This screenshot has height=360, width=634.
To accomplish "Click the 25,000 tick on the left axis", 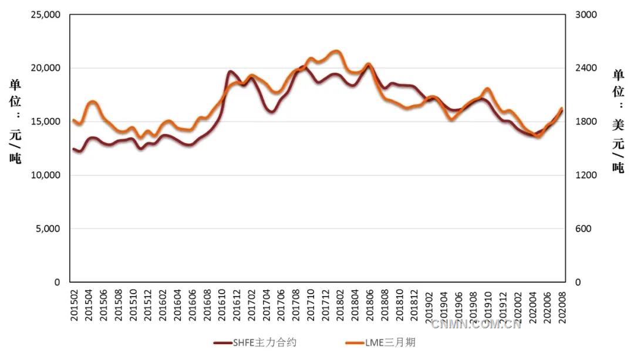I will click(x=46, y=15).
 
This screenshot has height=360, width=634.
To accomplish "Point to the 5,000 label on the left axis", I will click(x=48, y=228).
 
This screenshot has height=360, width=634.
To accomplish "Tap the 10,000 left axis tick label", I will click(x=46, y=175).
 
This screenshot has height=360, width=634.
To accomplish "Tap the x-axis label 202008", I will click(x=561, y=305).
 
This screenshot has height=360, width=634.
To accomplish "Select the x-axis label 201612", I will click(x=237, y=305).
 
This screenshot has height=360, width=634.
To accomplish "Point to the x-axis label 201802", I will click(x=340, y=305).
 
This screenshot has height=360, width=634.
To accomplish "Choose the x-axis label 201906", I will click(x=458, y=305).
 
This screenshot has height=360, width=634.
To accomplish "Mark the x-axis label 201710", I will click(x=311, y=305).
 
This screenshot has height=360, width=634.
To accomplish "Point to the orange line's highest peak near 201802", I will click(x=335, y=51).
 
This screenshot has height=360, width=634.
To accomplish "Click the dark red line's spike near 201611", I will click(x=230, y=72).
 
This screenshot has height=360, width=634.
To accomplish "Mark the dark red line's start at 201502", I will click(x=74, y=149).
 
